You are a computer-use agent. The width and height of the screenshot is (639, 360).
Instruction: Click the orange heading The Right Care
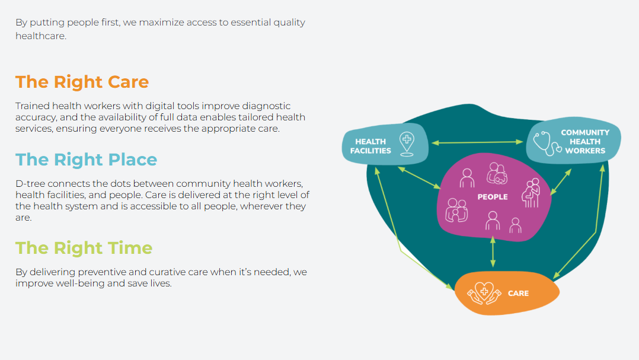[x=82, y=82]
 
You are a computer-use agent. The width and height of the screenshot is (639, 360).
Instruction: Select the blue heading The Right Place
[x=86, y=160]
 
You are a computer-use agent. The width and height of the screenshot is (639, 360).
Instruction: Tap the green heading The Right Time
[x=84, y=248]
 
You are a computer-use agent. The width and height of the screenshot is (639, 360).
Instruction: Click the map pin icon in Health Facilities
[x=407, y=144]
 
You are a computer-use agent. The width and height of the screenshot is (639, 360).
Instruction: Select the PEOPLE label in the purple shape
[x=493, y=197]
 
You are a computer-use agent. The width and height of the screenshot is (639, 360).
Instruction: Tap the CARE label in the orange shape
[x=518, y=294]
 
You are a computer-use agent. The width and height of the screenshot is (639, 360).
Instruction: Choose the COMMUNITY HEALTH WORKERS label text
[x=585, y=142]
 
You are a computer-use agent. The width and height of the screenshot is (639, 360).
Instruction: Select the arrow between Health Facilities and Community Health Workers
[x=477, y=142]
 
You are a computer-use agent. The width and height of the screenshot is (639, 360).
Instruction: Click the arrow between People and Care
[x=493, y=251]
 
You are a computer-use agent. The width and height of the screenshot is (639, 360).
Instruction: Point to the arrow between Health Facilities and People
[x=418, y=178]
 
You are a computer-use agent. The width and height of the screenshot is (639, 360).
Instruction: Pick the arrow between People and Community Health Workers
[x=560, y=181]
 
